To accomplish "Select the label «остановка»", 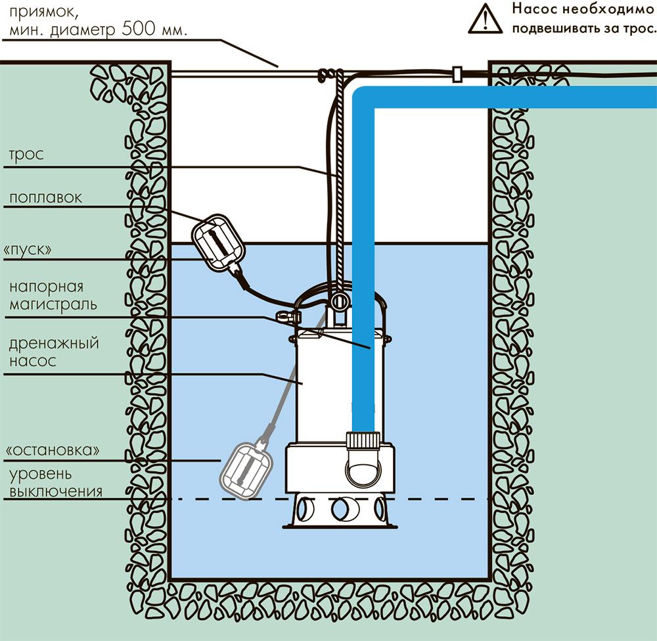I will [53, 450].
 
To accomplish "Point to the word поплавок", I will [46, 198].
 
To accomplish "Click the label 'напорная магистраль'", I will [53, 295].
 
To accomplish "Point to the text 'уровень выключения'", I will [53, 482].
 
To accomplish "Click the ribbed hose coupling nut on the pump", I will [362, 440].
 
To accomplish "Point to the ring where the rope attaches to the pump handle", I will [339, 301].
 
